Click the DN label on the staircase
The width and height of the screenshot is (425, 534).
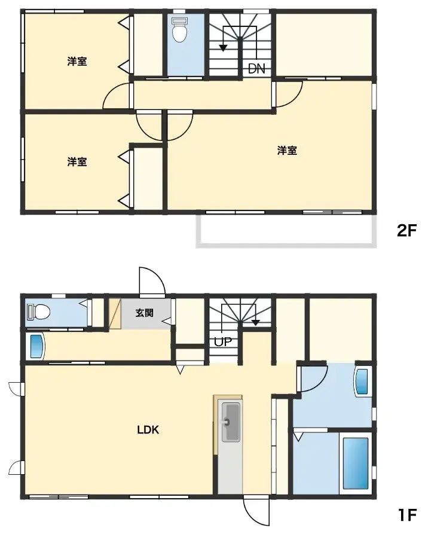click(256, 69)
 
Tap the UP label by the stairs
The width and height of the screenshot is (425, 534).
click(224, 342)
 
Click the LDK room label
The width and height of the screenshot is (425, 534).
click(148, 429)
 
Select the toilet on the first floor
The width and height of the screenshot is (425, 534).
click(39, 312)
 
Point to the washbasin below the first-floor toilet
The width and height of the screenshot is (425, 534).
click(36, 347)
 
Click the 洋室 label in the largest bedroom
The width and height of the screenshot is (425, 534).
click(287, 151)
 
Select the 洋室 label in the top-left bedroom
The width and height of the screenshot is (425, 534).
click(77, 61)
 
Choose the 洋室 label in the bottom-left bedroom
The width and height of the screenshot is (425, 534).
click(77, 161)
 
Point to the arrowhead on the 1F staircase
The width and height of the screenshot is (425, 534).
click(256, 322)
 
